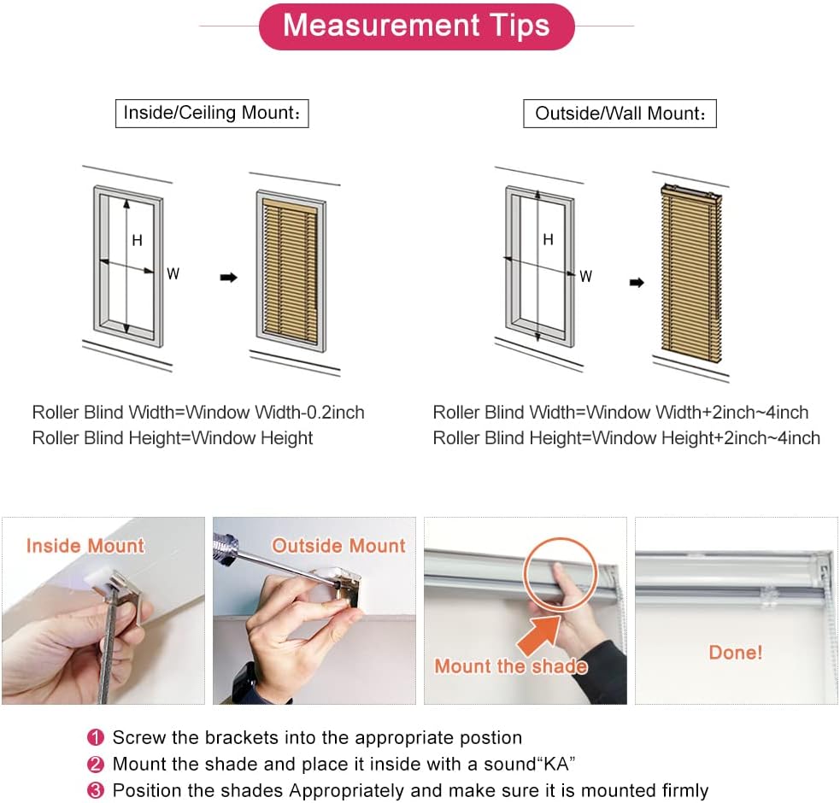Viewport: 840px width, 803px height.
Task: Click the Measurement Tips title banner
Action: click(x=416, y=26)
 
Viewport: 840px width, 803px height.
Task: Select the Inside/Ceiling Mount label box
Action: click(x=212, y=113)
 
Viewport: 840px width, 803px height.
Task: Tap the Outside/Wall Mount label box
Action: click(x=620, y=113)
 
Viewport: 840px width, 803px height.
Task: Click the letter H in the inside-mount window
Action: click(x=137, y=241)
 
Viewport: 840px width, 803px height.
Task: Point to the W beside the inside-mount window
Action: click(x=173, y=274)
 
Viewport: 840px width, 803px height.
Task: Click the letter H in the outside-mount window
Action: click(x=548, y=240)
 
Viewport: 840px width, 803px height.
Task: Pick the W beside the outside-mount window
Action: click(x=586, y=276)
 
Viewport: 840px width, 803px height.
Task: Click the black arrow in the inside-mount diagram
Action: click(x=228, y=278)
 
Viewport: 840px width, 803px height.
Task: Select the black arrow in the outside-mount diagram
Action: click(x=637, y=283)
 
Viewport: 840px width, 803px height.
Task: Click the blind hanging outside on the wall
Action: click(x=690, y=272)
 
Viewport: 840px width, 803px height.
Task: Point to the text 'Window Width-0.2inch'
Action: click(x=275, y=413)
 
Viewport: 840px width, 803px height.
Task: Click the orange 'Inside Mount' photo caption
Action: click(x=85, y=545)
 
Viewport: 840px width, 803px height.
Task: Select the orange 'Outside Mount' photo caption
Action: click(x=338, y=545)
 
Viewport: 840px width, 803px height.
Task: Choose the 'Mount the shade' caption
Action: click(x=510, y=666)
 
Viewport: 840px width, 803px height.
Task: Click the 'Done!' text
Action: click(x=735, y=653)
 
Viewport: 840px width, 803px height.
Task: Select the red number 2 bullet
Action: click(x=97, y=764)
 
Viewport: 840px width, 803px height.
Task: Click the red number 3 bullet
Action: click(x=97, y=790)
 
